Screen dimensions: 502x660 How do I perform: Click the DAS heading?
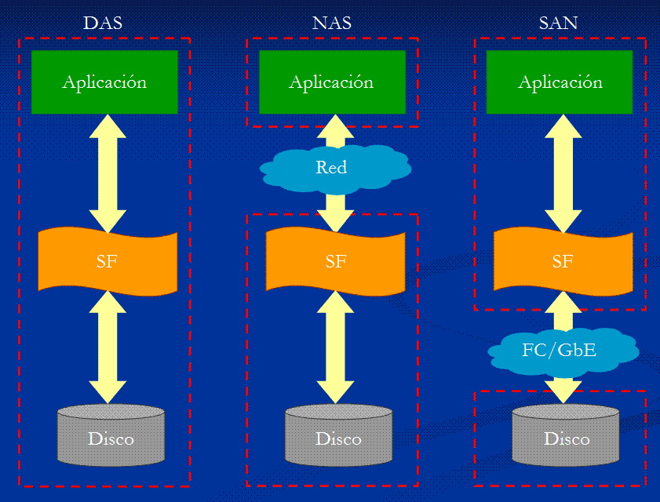click(103, 23)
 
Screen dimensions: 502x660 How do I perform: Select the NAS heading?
click(331, 23)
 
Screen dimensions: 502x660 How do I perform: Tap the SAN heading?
click(559, 23)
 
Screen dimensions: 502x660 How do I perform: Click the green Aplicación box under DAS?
click(104, 82)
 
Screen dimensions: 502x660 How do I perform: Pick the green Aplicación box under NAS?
click(332, 82)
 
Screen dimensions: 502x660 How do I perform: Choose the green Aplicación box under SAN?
click(560, 82)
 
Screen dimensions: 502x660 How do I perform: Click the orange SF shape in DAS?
click(108, 260)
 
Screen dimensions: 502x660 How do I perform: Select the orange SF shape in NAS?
click(335, 260)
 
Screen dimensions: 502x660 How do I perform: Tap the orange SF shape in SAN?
click(563, 260)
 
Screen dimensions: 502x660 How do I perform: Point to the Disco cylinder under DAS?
click(111, 436)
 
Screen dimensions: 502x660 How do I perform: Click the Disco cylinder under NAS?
click(339, 436)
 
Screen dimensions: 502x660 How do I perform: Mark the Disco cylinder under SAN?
click(567, 436)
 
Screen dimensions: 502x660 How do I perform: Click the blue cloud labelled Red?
click(333, 167)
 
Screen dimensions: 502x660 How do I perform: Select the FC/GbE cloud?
click(560, 349)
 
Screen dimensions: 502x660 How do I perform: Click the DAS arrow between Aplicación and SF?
click(108, 173)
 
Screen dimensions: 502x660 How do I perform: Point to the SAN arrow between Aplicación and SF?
click(563, 173)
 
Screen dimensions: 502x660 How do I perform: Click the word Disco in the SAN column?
click(567, 438)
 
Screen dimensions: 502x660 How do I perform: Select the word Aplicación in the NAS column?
click(331, 82)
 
